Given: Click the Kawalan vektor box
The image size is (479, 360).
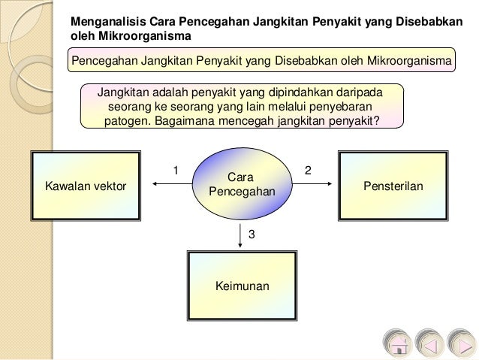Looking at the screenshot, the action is click(x=86, y=184).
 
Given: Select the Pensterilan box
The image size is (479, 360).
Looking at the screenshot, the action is click(x=393, y=184).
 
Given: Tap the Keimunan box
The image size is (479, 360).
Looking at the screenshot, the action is click(x=242, y=286).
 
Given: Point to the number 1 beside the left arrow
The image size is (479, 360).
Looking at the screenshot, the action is click(x=176, y=171).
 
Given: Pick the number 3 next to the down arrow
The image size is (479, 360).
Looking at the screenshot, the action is click(x=252, y=234).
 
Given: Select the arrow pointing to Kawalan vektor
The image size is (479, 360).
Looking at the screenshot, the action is click(x=165, y=185).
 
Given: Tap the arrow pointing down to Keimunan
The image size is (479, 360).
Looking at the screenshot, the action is click(x=241, y=234).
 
